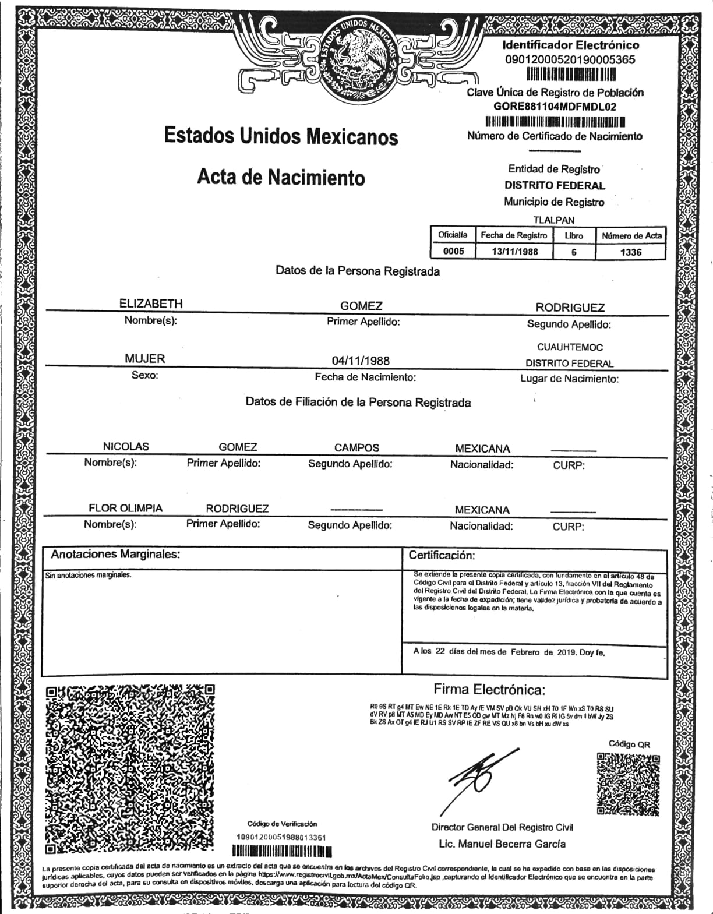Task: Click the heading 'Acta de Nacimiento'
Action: coord(281,177)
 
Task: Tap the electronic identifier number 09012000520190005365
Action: coord(570,59)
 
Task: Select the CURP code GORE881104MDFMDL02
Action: coord(555,107)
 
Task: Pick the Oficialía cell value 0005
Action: coord(453,252)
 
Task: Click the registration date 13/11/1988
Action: coord(514,252)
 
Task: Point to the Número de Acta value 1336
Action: coord(631,252)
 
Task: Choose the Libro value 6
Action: coord(574,252)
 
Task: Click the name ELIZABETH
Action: coord(151,304)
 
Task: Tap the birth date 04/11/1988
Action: coord(361,361)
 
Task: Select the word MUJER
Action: coord(144,359)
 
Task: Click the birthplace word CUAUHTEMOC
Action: coord(570,347)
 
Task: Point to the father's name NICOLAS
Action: coord(126,447)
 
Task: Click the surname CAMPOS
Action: coord(356,448)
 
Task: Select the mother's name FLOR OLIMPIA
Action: coord(125,508)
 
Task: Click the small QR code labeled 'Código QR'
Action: coord(628,784)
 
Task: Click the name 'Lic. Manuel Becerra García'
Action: coord(502,844)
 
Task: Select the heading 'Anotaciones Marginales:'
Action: coord(115,555)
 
